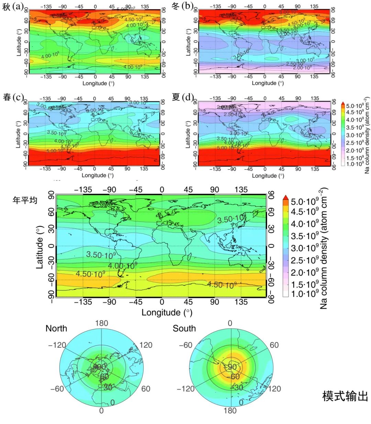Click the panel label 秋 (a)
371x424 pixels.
(x=13, y=7)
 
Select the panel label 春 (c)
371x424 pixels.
(x=13, y=97)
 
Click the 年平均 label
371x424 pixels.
(x=25, y=200)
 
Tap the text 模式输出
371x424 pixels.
(x=345, y=396)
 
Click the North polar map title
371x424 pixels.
(x=56, y=328)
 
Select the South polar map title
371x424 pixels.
(x=184, y=328)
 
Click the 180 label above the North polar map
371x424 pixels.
(x=101, y=323)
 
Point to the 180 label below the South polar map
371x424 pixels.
(x=230, y=411)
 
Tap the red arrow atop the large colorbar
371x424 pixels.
(x=285, y=198)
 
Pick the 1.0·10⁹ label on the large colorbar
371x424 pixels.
(x=305, y=294)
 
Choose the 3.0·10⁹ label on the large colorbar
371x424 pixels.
(x=305, y=248)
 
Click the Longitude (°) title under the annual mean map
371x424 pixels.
(x=167, y=312)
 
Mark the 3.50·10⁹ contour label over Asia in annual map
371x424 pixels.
(x=231, y=219)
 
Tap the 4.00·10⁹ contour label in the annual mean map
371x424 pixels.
(x=122, y=266)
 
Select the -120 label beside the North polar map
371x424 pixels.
(x=57, y=345)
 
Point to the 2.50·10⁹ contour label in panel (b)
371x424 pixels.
(x=295, y=64)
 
